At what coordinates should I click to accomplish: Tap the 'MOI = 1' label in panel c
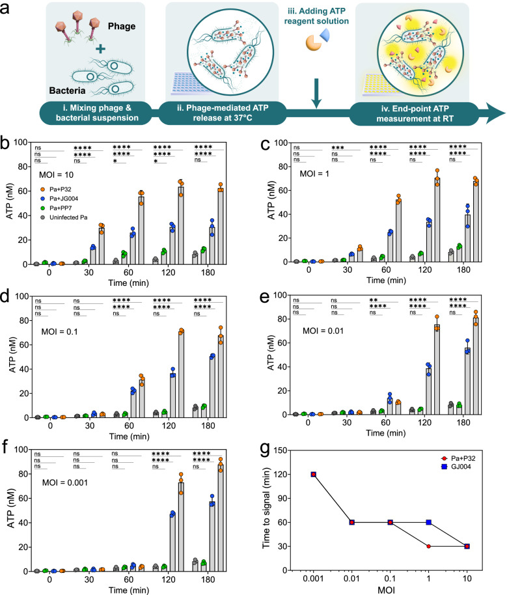[x=316, y=174]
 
